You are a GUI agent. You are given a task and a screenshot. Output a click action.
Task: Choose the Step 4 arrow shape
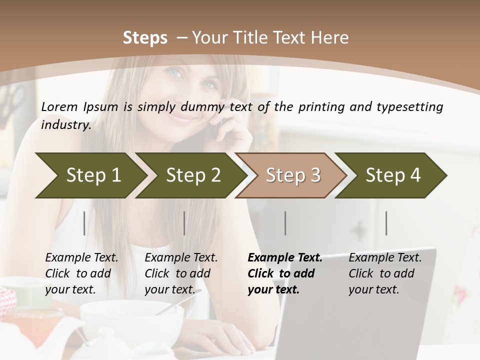(393, 175)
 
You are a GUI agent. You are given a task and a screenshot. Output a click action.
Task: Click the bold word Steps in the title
(145, 38)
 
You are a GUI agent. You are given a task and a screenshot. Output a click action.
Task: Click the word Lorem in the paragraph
(59, 106)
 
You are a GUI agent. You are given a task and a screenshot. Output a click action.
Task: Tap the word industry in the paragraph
(66, 125)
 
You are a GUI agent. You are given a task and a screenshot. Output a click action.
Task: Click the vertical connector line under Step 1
(84, 223)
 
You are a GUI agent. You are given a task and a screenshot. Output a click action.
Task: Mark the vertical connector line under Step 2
(184, 223)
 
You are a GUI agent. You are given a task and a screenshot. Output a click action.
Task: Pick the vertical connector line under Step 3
(285, 223)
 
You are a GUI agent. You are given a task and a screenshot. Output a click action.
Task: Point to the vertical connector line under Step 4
(386, 223)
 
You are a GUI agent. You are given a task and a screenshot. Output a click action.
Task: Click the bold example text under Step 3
(284, 273)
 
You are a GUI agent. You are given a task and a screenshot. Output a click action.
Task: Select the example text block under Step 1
(81, 273)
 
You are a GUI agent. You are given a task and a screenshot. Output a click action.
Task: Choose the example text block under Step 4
(384, 273)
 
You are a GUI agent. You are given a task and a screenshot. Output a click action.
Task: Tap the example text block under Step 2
(180, 273)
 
